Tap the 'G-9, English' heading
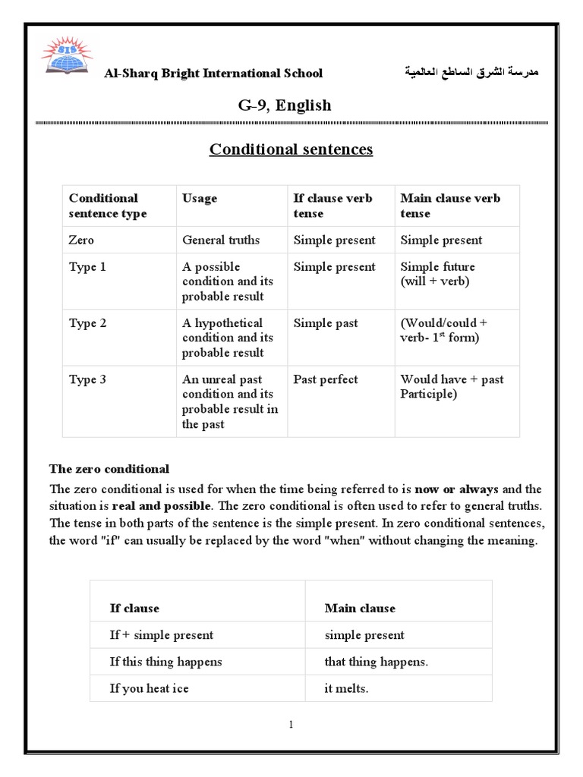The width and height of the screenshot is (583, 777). point(285,105)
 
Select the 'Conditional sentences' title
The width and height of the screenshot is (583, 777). point(291,149)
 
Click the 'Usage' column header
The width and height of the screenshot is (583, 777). point(199,198)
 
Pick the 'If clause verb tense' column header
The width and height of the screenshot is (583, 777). point(332,206)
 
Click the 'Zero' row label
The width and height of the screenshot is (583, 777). point(81,240)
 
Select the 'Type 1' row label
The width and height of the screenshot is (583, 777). point(87,267)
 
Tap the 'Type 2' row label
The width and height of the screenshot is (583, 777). point(87,323)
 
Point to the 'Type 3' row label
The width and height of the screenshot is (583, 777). point(87,379)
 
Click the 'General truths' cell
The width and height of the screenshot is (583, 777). point(221,240)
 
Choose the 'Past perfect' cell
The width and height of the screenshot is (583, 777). point(325,379)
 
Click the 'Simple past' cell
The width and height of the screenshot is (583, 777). point(325,323)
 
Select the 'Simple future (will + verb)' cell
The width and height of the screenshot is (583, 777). point(438,274)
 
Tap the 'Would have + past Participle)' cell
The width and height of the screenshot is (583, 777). point(452,386)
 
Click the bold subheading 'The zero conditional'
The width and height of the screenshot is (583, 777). point(109,469)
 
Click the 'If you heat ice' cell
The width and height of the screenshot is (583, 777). point(149,688)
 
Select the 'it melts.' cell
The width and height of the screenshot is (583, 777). point(346,688)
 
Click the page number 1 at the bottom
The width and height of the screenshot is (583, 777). point(291,725)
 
